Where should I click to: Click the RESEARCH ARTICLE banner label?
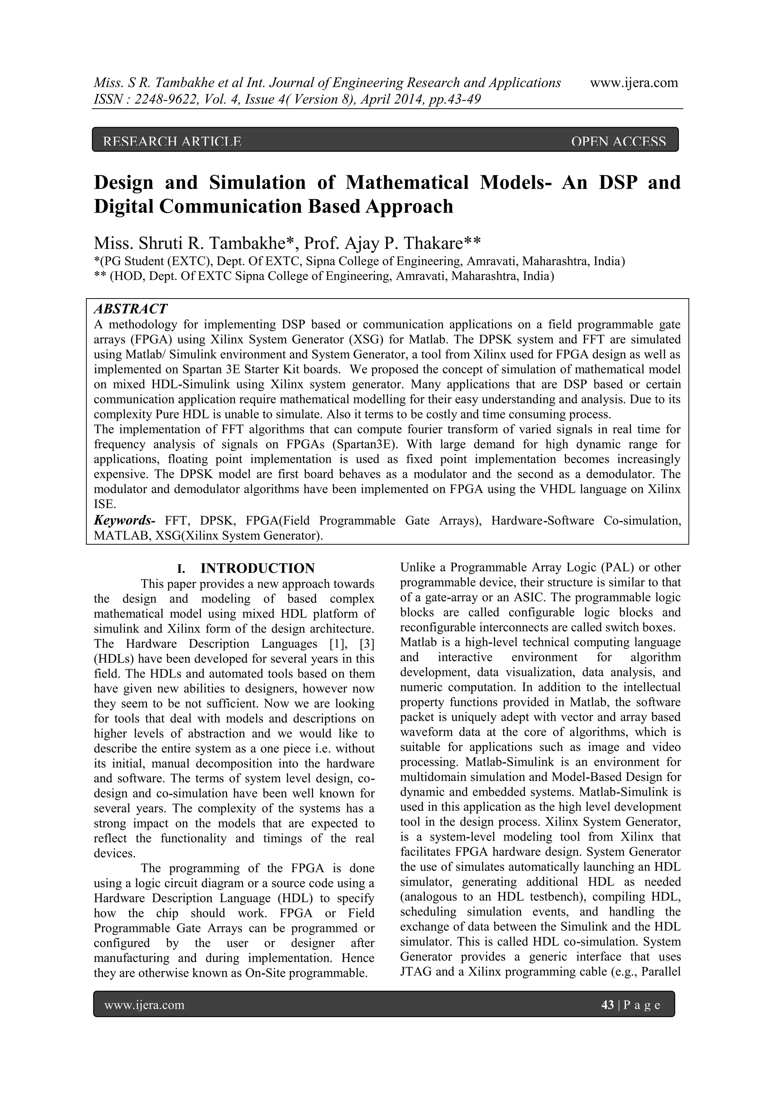click(x=172, y=141)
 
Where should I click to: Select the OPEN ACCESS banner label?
click(x=618, y=141)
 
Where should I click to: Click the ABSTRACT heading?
click(x=130, y=309)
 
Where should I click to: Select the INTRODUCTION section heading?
click(x=257, y=568)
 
